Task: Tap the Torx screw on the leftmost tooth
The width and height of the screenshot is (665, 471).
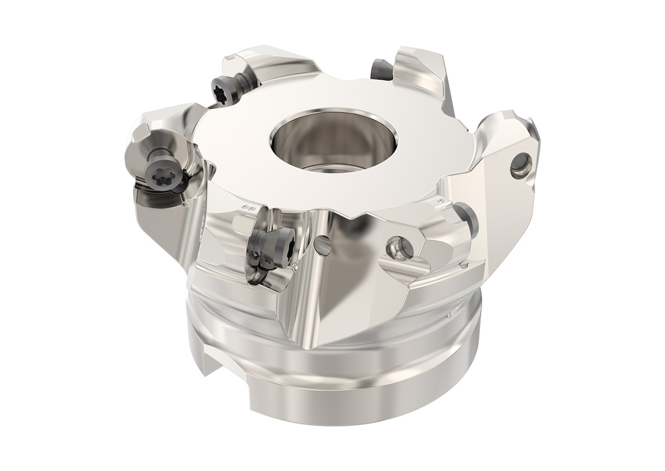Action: click(161, 171)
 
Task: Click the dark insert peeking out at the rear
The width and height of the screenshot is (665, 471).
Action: click(381, 68)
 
